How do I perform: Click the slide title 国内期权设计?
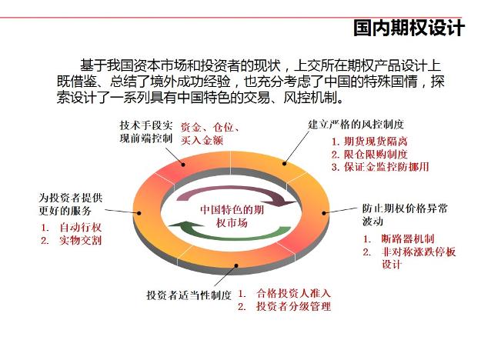tap(409, 28)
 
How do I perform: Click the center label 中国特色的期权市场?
tap(232, 216)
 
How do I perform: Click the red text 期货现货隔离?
tap(376, 142)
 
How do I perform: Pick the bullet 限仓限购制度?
tap(376, 155)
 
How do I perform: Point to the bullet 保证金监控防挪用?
tap(386, 167)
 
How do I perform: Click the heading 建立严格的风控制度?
tap(356, 125)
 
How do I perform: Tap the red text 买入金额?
tap(202, 140)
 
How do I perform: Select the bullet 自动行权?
tap(80, 228)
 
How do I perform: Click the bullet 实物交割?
tap(80, 241)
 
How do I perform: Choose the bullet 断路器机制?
tap(408, 238)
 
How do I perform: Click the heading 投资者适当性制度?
tap(189, 295)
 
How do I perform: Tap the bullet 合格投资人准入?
tap(293, 293)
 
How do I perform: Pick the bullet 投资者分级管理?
tap(293, 306)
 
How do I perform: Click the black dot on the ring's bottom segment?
tap(236, 265)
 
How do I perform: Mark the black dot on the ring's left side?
tap(139, 213)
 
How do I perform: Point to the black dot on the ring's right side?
tap(324, 213)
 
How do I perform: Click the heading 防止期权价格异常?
tap(405, 208)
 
